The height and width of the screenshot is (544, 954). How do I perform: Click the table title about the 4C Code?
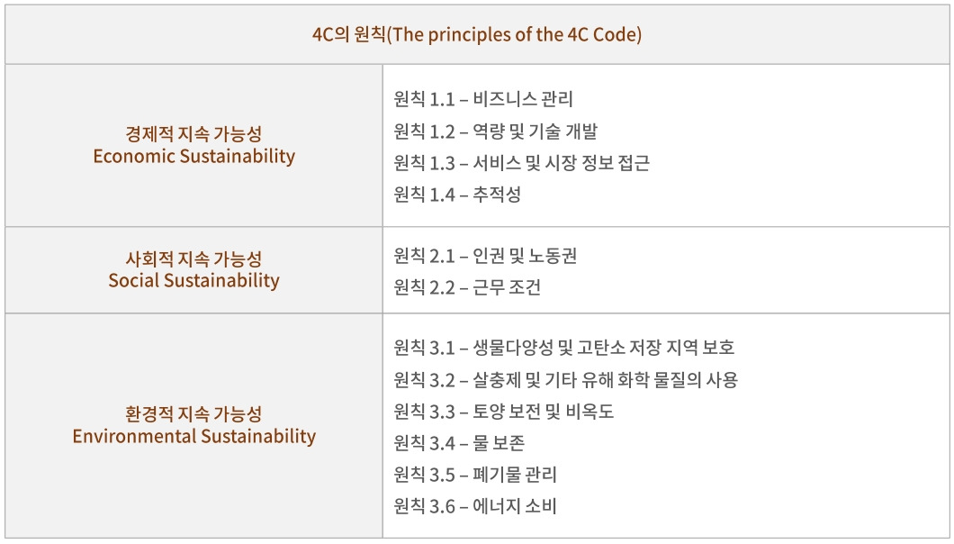(x=477, y=35)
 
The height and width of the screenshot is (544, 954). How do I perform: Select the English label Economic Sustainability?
(x=194, y=156)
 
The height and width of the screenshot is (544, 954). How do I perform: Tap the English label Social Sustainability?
(x=194, y=280)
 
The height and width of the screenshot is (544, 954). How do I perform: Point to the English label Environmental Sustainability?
(x=194, y=437)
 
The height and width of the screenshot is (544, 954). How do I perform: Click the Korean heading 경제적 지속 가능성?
(x=194, y=134)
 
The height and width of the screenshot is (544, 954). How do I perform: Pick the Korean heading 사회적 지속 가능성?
(x=194, y=258)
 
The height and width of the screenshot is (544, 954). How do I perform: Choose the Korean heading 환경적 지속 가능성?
(x=194, y=414)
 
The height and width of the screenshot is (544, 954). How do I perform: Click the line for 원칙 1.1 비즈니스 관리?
(x=484, y=99)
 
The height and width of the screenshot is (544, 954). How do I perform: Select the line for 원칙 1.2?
(x=496, y=131)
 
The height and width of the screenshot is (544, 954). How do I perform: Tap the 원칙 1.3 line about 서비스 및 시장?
(x=522, y=163)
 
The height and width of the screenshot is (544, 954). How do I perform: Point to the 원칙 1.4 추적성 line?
(x=458, y=195)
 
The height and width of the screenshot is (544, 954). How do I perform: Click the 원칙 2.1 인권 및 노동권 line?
(x=486, y=257)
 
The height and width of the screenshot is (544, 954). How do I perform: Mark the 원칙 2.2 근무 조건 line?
(x=468, y=288)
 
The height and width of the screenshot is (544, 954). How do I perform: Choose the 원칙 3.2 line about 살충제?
(x=566, y=380)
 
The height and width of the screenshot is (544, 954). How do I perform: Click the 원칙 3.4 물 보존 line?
(x=460, y=443)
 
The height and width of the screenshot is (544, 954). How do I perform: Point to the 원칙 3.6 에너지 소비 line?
(x=476, y=506)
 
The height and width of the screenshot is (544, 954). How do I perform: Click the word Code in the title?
(x=620, y=35)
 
